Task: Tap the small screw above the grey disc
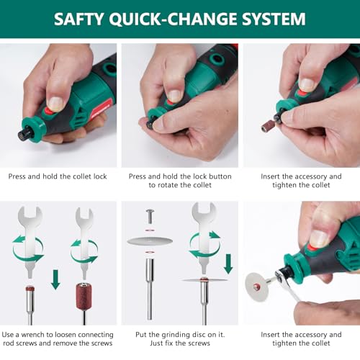click(x=150, y=215)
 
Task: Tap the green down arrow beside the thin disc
click(x=228, y=264)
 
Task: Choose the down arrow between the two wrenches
click(x=55, y=279)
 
